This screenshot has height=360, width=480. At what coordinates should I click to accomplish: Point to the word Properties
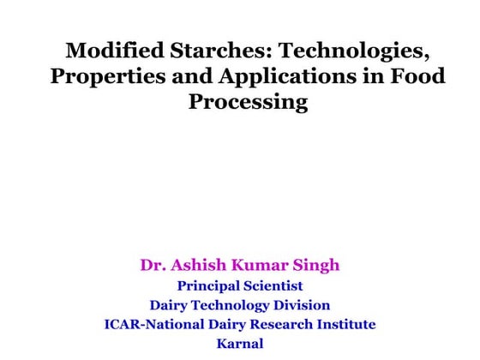(100, 76)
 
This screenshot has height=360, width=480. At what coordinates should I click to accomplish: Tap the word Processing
(248, 103)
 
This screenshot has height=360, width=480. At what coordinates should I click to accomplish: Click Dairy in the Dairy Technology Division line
(169, 305)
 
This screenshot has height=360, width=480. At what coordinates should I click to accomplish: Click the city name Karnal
(240, 345)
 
